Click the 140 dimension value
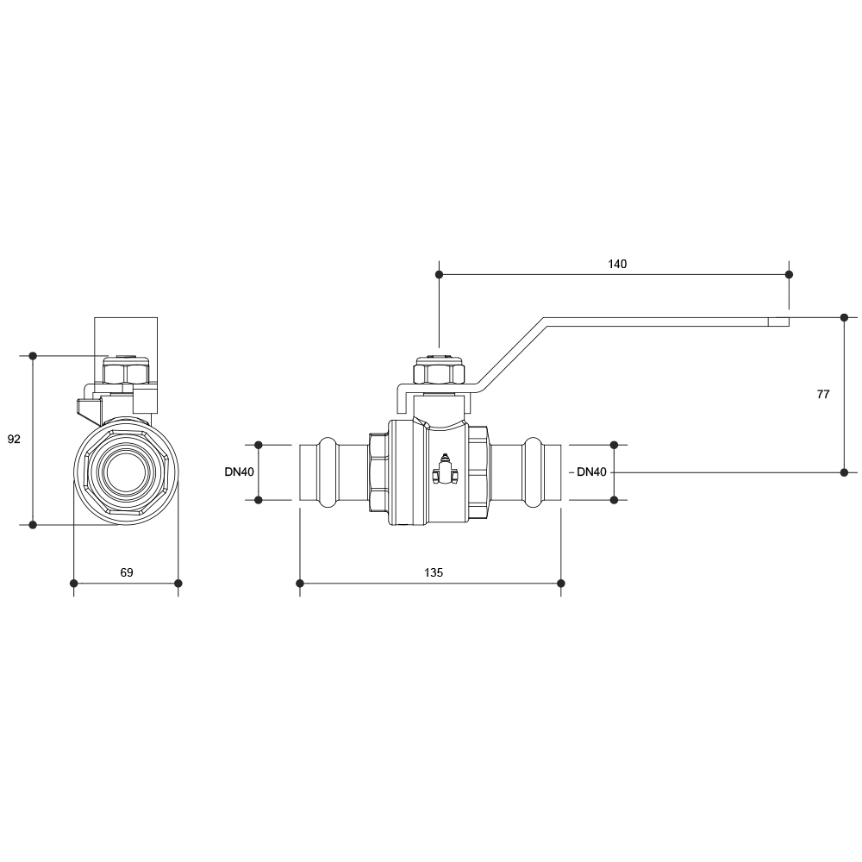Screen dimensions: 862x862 pyautogui.click(x=617, y=264)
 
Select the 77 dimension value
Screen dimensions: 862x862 pyautogui.click(x=822, y=394)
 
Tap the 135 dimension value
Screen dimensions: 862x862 pyautogui.click(x=434, y=572)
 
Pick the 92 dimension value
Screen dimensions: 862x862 pyautogui.click(x=14, y=439)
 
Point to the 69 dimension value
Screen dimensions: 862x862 pyautogui.click(x=127, y=572)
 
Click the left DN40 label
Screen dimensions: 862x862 pyautogui.click(x=239, y=472)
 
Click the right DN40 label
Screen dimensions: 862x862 pyautogui.click(x=591, y=472)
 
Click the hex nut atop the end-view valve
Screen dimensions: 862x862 pyautogui.click(x=126, y=371)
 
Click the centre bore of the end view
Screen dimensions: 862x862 pyautogui.click(x=126, y=472)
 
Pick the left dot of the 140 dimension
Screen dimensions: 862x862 pyautogui.click(x=439, y=274)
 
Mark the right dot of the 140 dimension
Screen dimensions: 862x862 pyautogui.click(x=789, y=274)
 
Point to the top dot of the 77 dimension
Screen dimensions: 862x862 pyautogui.click(x=845, y=317)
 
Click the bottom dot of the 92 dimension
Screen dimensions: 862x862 pyautogui.click(x=33, y=524)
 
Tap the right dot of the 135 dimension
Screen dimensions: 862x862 pyautogui.click(x=561, y=583)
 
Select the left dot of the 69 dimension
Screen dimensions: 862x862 pyautogui.click(x=73, y=583)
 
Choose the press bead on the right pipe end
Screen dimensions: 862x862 pyautogui.click(x=533, y=472)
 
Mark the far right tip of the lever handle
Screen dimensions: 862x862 pyautogui.click(x=790, y=322)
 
